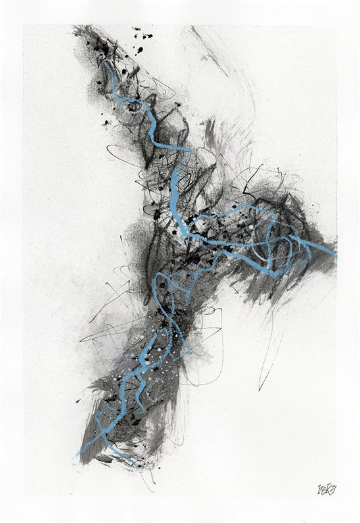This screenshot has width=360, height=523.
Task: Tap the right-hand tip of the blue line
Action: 334,256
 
